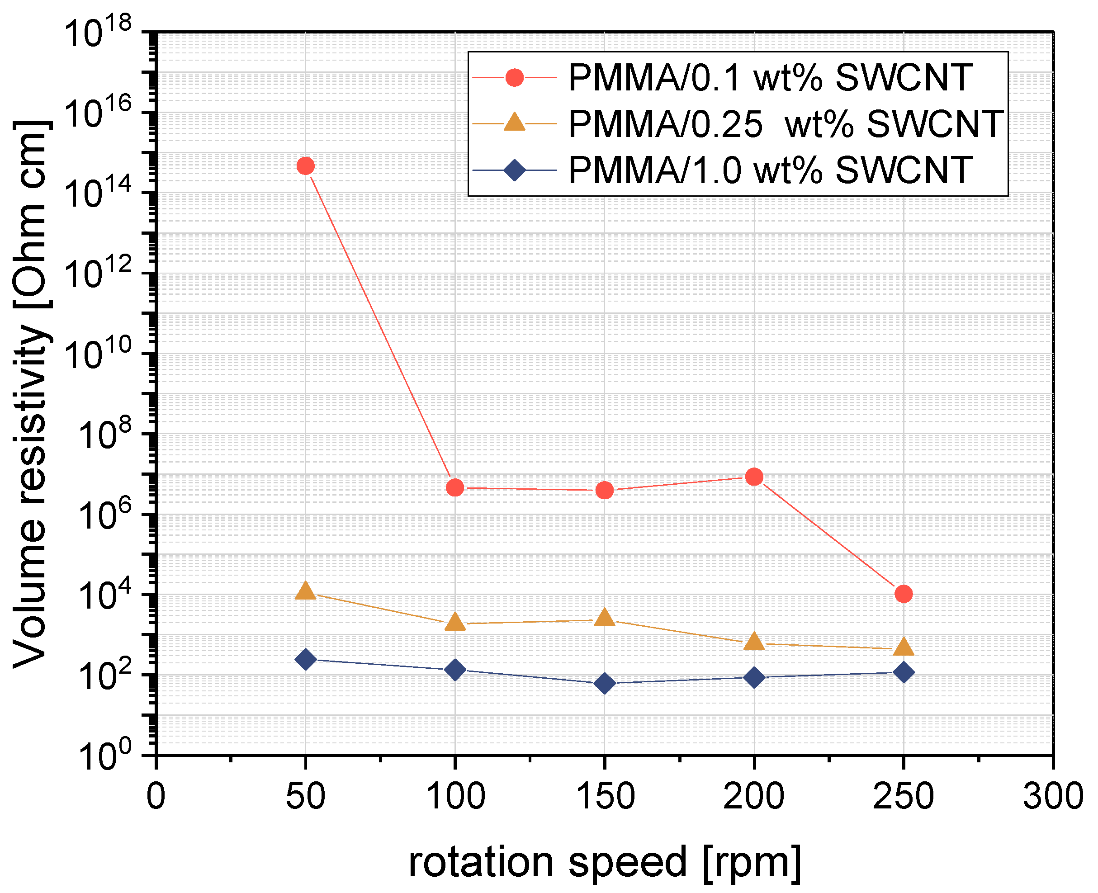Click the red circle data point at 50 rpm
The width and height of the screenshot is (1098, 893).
[x=306, y=165]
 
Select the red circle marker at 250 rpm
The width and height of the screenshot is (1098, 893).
[x=904, y=594]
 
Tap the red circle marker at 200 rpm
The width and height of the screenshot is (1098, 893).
[x=754, y=477]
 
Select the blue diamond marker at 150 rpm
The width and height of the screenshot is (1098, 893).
[x=605, y=684]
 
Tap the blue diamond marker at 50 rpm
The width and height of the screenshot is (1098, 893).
[x=306, y=659]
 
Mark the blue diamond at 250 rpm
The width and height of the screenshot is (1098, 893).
[x=904, y=672]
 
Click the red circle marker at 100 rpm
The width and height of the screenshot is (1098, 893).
[x=455, y=487]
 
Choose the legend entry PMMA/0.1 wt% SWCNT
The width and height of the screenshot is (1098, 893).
[x=770, y=78]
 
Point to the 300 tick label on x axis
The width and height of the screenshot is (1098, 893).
[x=1053, y=797]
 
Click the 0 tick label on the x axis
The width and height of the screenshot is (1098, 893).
[x=156, y=797]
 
